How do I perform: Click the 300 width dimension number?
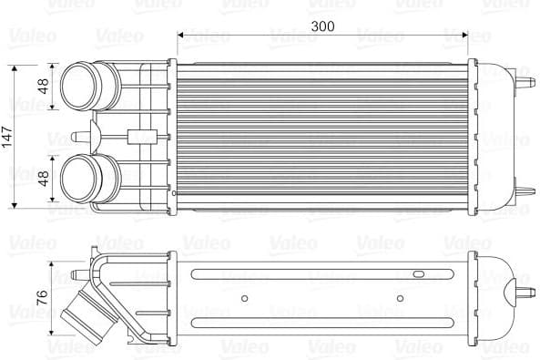pyautogui.click(x=321, y=26)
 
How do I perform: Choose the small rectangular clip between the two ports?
pyautogui.click(x=139, y=137)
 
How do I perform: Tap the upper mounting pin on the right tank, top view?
pyautogui.click(x=526, y=81)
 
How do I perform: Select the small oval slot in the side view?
pyautogui.click(x=418, y=272)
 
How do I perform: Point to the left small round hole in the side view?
pyautogui.click(x=244, y=298)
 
